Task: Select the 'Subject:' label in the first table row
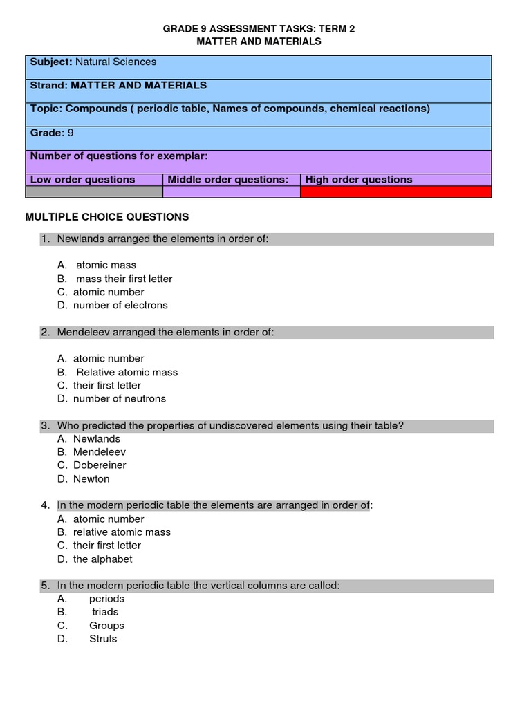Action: pos(50,62)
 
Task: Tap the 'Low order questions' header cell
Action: pos(82,180)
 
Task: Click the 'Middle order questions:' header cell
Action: pos(227,180)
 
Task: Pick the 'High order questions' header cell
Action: pos(358,180)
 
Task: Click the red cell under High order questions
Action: pos(395,192)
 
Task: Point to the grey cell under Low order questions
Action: pos(95,192)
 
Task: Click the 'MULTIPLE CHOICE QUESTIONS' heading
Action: pos(107,217)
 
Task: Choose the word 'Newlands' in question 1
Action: pos(78,239)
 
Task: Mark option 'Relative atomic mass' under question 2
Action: pos(127,372)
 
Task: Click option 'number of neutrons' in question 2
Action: pos(120,399)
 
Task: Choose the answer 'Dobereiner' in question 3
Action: pos(100,465)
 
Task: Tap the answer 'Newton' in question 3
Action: pos(91,479)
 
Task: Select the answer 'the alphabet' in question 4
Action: pos(102,559)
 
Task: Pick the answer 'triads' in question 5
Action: pos(105,612)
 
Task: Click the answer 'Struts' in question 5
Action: pos(103,639)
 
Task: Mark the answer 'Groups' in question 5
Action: pos(106,626)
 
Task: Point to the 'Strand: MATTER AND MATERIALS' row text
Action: pos(118,86)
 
